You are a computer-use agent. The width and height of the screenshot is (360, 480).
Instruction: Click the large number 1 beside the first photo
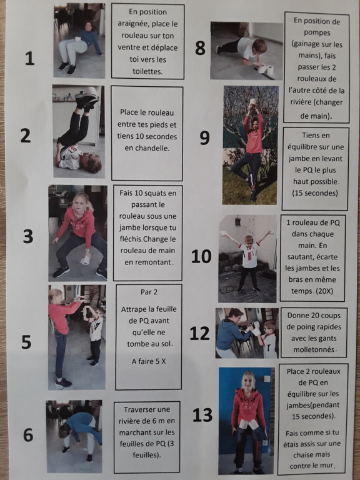(30, 59)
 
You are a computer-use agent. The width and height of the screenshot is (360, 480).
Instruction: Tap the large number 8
(200, 48)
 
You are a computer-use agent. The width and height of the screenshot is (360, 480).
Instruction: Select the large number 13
(202, 415)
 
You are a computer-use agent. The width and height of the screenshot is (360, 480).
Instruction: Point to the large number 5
(26, 342)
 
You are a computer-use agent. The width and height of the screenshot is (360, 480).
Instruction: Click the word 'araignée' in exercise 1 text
(132, 24)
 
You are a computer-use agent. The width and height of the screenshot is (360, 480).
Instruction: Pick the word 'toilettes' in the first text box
(147, 71)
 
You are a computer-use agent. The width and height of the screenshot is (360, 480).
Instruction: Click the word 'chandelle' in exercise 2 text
(147, 148)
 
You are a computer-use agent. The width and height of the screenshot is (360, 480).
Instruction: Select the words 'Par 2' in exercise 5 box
(149, 292)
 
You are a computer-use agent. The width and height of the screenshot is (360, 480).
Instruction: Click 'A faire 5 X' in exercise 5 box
(149, 361)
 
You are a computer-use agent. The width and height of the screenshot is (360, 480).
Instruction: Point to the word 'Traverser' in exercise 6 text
(139, 409)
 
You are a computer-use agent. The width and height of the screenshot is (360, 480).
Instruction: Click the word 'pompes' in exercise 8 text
(316, 33)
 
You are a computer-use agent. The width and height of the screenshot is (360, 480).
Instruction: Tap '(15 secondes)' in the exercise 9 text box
(315, 193)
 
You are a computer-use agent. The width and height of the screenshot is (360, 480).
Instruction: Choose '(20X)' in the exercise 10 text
(326, 291)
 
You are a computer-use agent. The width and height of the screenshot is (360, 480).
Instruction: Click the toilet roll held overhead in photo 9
(252, 102)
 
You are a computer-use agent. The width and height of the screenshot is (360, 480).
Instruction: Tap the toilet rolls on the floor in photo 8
(266, 69)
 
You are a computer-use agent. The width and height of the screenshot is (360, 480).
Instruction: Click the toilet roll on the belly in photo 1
(77, 39)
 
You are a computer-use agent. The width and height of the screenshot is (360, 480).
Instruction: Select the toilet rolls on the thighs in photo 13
(248, 424)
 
